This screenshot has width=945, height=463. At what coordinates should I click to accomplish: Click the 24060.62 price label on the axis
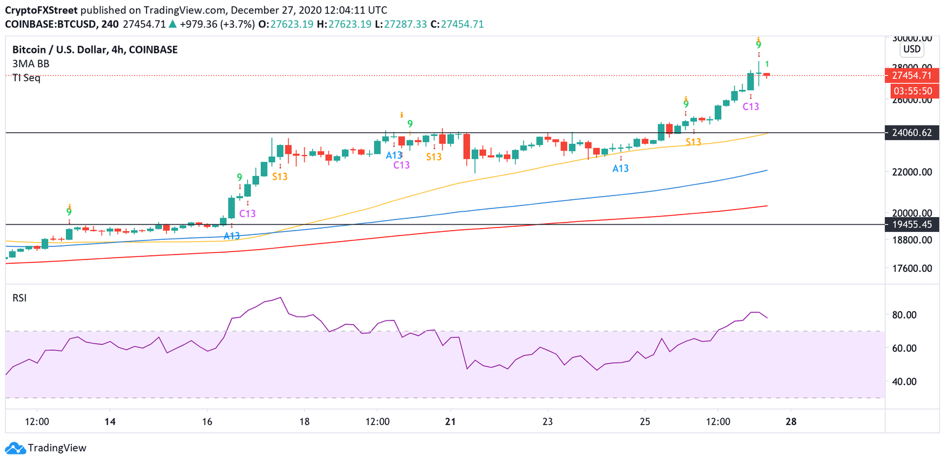pos(911,132)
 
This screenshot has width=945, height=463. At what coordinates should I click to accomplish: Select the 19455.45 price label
pos(911,224)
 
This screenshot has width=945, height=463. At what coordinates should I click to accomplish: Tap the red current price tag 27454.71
pos(911,76)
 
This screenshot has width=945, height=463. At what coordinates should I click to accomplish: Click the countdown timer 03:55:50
pos(912,91)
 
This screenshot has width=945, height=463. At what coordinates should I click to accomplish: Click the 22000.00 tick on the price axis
pos(911,172)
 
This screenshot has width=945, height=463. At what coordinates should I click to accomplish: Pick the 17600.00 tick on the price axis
pos(911,268)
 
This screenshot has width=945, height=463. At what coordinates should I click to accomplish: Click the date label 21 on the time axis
pos(450,422)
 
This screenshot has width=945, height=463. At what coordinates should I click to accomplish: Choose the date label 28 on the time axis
pos(791,422)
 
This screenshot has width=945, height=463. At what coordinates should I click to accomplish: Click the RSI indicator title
pos(20,298)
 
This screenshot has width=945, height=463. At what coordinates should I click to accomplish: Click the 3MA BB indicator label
pos(31,63)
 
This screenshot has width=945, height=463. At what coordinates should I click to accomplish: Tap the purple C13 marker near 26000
pos(751,106)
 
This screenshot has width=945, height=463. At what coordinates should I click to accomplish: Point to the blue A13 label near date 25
pos(620,168)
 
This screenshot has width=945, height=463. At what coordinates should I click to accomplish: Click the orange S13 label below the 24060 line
pos(693,142)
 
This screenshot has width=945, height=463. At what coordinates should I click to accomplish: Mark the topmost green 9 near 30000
pos(759,45)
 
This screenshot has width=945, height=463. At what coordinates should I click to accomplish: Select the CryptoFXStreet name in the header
pos(42,10)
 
